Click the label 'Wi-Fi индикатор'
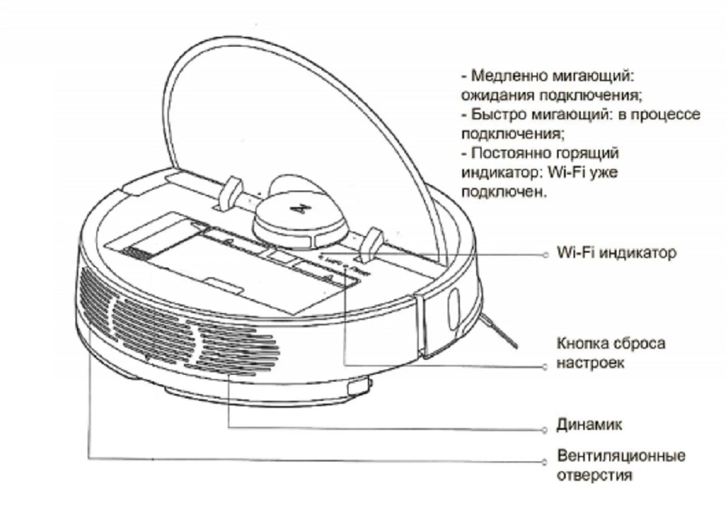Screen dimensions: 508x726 click(616, 253)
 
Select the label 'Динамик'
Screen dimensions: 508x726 click(589, 425)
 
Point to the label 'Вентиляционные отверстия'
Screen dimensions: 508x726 click(621, 465)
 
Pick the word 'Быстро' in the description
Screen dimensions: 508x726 click(499, 114)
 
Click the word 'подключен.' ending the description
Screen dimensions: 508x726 click(504, 192)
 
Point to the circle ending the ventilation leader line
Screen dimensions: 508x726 click(546, 461)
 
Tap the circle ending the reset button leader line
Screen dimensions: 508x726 click(546, 367)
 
